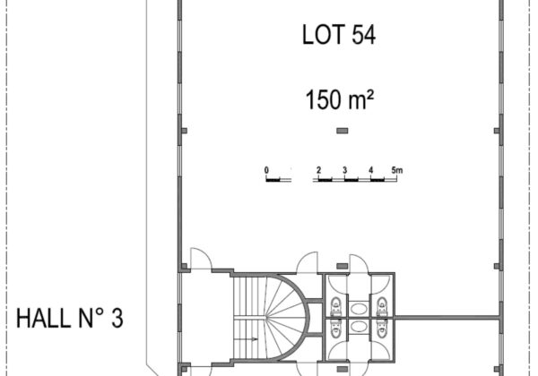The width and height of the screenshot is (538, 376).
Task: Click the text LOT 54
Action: pos(339,35)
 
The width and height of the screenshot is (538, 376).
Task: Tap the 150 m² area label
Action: pos(339,99)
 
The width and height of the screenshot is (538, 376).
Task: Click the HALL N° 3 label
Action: pos(70,319)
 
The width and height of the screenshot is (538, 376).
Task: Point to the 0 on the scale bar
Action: pos(266,170)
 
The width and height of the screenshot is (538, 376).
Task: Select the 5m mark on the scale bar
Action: pos(397,170)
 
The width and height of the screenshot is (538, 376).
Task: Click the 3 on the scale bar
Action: pos(345,170)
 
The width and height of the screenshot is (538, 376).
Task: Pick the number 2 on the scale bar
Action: pos(318,170)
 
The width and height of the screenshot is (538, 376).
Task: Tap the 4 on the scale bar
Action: pos(371,170)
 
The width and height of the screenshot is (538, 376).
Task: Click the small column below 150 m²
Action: pos(343,131)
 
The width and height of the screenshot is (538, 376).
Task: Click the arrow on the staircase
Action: pos(246,339)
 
